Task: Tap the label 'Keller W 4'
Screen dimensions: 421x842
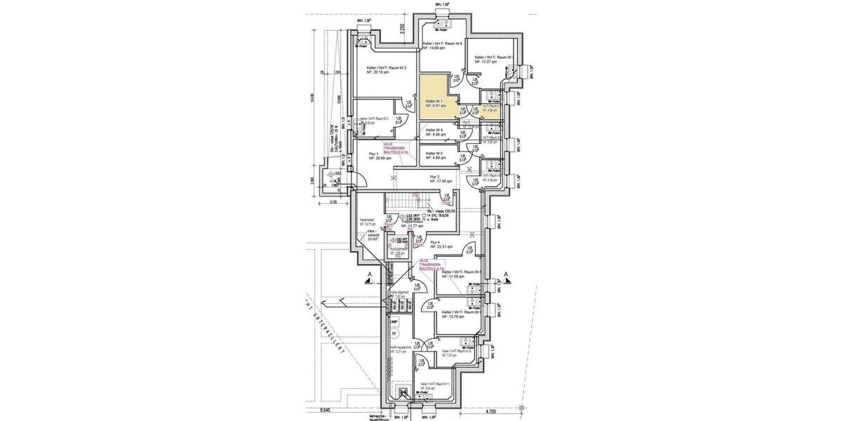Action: (434, 130)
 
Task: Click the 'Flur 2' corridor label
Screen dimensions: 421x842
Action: (434, 177)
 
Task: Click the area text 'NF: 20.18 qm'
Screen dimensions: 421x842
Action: (380, 72)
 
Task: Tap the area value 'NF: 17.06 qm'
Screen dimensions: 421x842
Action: (440, 181)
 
